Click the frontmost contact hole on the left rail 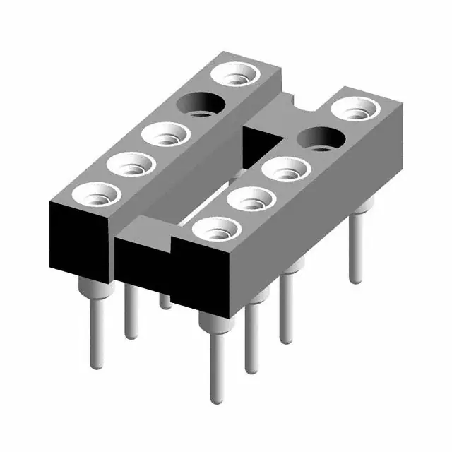(x=95, y=194)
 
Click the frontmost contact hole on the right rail (x=215, y=230)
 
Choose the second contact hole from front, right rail (x=251, y=200)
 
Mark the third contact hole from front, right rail (x=287, y=169)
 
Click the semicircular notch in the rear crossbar (x=305, y=105)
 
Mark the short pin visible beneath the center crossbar (x=165, y=301)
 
